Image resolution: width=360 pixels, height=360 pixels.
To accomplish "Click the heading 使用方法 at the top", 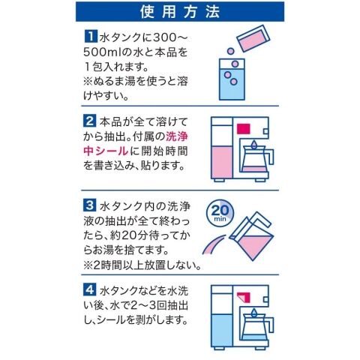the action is (180, 12).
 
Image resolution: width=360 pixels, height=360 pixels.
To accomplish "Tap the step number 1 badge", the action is (90, 36).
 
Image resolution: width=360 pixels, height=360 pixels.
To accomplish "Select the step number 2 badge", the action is (89, 121).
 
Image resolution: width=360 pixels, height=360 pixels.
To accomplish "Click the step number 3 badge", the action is (89, 205).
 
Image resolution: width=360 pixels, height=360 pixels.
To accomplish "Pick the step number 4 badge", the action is (89, 289).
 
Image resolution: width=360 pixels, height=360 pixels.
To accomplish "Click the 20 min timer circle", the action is (220, 212).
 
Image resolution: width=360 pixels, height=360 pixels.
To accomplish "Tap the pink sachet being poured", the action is (253, 37).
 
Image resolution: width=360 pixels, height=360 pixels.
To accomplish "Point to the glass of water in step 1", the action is (232, 79).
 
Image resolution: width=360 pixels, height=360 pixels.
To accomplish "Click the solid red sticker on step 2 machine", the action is (244, 128).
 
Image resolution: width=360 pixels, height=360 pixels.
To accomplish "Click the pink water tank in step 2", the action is (222, 163).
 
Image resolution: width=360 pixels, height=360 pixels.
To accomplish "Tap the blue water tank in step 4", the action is (222, 331).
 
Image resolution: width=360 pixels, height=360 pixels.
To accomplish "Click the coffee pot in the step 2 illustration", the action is (256, 160).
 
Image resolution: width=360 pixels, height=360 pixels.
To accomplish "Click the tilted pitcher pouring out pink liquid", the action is (251, 237).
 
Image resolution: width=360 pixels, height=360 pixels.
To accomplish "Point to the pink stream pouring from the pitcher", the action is (213, 245).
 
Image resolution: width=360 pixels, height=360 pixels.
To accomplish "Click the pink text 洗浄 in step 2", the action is (177, 136).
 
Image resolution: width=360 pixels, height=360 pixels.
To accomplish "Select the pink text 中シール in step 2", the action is (105, 151).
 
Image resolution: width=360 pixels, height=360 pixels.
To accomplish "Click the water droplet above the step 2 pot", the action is (254, 144).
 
